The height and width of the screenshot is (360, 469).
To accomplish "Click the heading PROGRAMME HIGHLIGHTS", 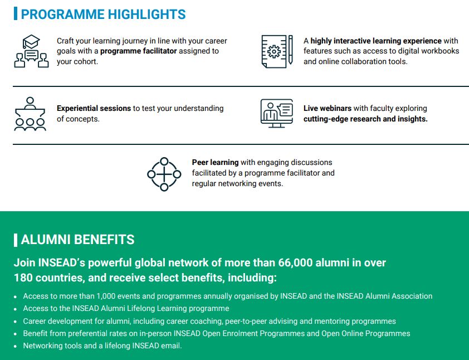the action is [x=103, y=14].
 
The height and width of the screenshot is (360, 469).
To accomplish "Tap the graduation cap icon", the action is [x=31, y=42].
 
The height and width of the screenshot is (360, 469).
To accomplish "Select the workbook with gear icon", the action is [x=274, y=51].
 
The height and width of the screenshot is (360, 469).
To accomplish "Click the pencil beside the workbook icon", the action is [x=290, y=50].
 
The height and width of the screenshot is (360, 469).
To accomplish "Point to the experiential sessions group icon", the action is [x=30, y=114].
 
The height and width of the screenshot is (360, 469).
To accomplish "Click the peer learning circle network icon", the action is [x=164, y=174].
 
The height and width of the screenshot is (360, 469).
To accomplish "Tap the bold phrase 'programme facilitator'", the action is [x=139, y=51].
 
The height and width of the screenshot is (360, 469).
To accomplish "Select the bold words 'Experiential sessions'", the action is [x=94, y=108].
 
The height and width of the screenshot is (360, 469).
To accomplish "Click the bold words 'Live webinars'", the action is [x=328, y=108].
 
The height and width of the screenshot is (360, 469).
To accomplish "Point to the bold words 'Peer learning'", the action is [x=216, y=163].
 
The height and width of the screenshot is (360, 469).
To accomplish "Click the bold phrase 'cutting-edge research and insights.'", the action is [x=365, y=119].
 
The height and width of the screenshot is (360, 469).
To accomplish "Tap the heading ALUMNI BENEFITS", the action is [x=78, y=240].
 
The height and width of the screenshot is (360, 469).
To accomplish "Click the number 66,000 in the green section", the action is [x=295, y=262].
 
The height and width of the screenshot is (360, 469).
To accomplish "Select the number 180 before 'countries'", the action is [x=23, y=278].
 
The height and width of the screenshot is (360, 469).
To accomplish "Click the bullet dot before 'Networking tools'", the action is [x=16, y=347].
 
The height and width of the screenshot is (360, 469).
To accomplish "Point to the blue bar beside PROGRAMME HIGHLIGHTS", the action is [x=16, y=14].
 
